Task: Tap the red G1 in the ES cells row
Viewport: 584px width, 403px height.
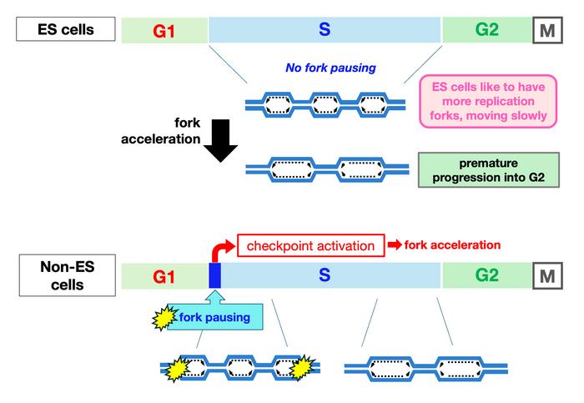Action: pos(164,32)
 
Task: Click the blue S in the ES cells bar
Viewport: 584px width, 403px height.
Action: pos(325,31)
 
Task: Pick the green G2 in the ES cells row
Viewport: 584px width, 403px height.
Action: pos(486,31)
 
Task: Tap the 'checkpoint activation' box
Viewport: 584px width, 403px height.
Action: pos(308,246)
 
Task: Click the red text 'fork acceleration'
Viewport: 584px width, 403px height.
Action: pos(452,245)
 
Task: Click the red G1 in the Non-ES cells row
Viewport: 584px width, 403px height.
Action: pos(164,276)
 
